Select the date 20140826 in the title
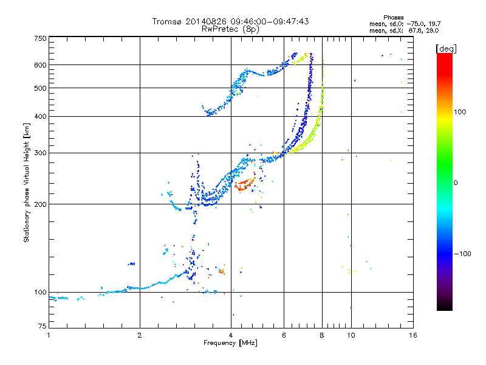(206, 21)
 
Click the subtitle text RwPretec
(220, 29)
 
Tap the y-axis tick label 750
(41, 38)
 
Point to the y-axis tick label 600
(41, 65)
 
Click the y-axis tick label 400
(41, 116)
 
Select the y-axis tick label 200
(41, 204)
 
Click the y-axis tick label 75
(43, 326)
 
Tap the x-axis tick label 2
(140, 335)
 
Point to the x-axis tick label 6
(284, 335)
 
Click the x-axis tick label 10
(351, 335)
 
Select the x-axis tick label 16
(413, 335)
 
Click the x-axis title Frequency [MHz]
(230, 343)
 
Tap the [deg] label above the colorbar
(446, 49)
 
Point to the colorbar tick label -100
(462, 254)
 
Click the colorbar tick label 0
(456, 183)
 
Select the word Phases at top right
(393, 18)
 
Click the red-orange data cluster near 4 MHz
(245, 184)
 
